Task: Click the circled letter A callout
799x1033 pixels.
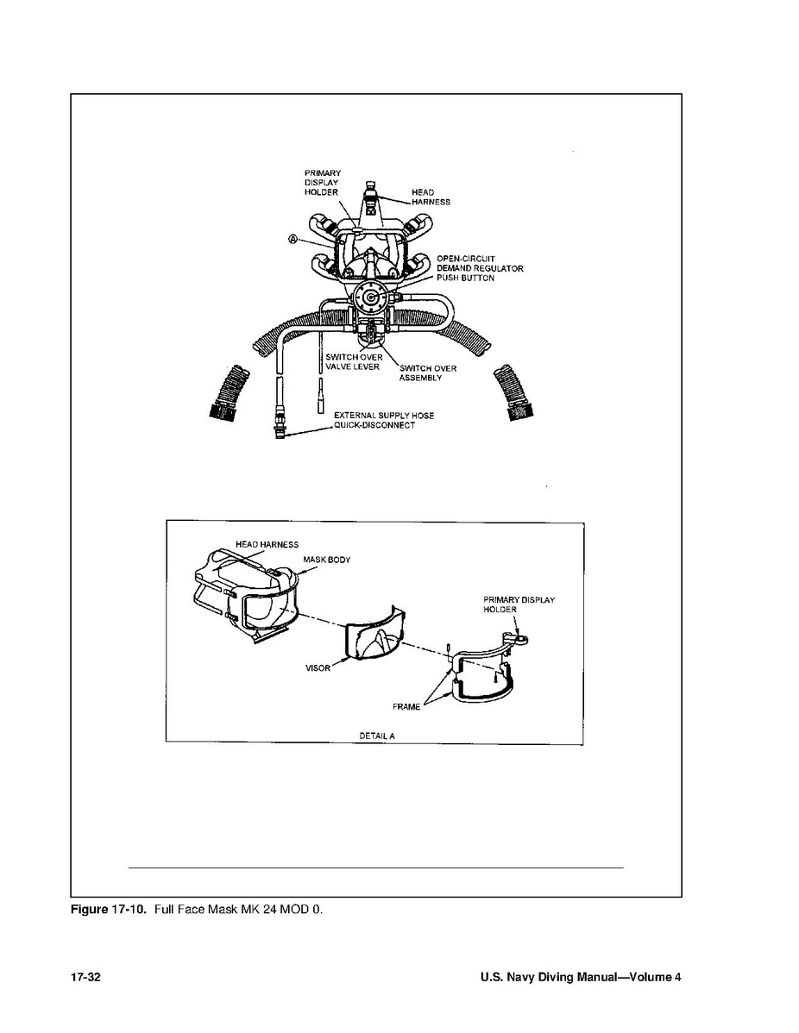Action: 293,239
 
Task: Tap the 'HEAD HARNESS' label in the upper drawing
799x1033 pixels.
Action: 431,197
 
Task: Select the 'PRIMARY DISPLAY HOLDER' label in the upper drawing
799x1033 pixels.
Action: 323,183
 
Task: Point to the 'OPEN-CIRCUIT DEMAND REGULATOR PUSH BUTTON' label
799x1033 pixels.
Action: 480,268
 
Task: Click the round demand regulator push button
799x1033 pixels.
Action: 371,297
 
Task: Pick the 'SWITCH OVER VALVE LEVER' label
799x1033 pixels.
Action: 354,361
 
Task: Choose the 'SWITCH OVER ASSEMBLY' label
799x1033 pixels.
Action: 427,373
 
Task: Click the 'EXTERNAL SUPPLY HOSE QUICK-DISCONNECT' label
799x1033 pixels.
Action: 384,420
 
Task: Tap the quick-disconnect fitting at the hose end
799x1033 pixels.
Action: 280,423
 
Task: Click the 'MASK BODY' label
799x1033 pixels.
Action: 326,560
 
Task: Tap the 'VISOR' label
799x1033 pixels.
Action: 318,667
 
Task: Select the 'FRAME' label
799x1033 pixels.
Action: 406,707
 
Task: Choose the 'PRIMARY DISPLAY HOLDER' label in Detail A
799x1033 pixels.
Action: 519,604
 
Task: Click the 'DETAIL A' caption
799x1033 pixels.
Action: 377,736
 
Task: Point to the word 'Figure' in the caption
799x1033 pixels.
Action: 89,910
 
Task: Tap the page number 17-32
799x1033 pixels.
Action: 85,977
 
